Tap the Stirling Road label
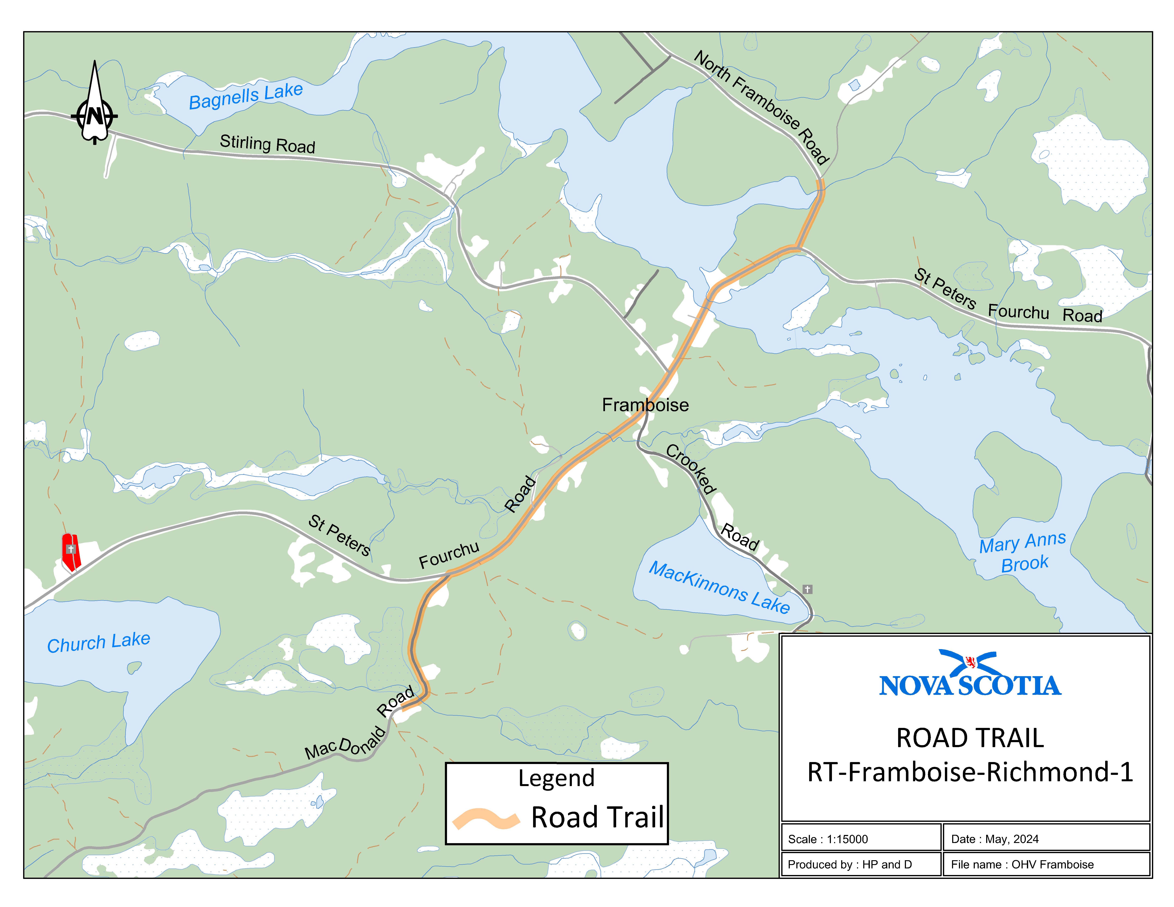pos(267,144)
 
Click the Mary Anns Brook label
pos(1022,552)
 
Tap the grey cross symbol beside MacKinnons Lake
pos(807,589)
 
